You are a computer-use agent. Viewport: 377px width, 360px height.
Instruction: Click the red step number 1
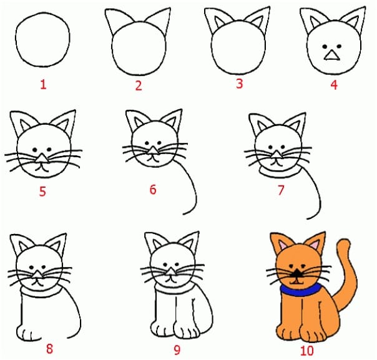coord(43,85)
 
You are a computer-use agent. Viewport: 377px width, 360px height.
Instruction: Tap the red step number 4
coord(334,85)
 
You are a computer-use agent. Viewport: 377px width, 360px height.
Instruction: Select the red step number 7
coord(281,190)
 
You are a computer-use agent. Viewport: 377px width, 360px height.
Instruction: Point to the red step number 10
coord(307,351)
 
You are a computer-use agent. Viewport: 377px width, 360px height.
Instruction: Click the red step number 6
coord(153,190)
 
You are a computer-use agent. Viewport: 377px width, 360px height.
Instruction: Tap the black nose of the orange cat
coord(297,272)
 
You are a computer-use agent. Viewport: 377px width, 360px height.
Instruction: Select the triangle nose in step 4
coord(332,56)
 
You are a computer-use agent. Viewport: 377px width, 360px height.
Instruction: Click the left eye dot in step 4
coord(325,46)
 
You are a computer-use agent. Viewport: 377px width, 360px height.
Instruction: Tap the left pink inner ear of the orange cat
coord(282,245)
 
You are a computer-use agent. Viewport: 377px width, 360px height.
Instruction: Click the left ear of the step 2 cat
coord(117,21)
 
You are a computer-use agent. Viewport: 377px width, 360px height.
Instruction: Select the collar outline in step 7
coord(280,173)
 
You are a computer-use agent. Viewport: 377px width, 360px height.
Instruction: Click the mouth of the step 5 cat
coord(42,167)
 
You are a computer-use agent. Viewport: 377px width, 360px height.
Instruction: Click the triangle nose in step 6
coord(153,151)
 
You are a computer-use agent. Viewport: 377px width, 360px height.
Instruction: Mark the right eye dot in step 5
coord(49,150)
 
